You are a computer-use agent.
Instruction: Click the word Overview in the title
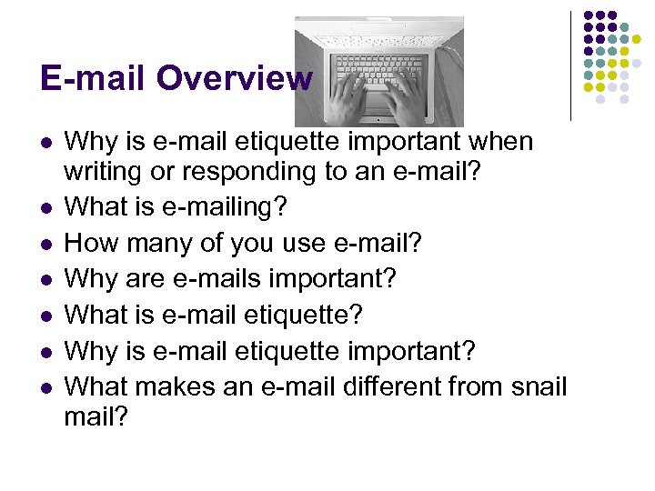pos(234,78)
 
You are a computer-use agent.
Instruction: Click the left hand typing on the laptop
pos(345,99)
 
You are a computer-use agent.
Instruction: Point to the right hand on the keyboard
pos(407,98)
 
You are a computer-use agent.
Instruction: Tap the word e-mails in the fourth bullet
pos(243,278)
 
